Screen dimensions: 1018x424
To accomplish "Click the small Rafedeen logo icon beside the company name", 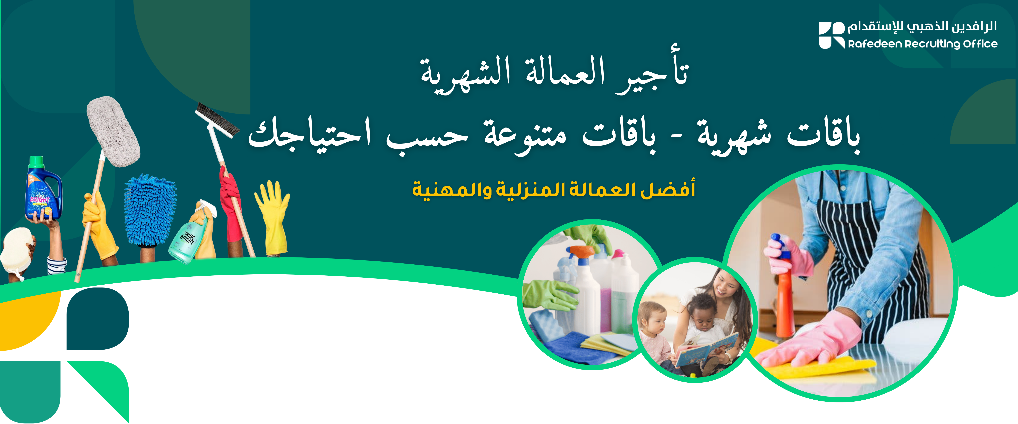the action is tap(832, 36).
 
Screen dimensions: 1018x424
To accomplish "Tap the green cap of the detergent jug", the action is tap(36, 161).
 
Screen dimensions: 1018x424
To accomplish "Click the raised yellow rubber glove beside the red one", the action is tap(273, 217).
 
